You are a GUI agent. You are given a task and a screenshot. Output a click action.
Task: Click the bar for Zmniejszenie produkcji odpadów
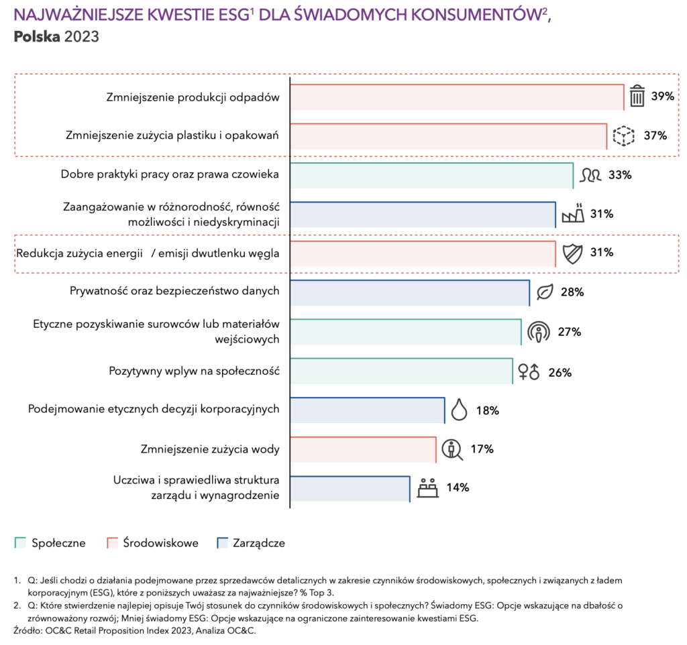[x=456, y=97]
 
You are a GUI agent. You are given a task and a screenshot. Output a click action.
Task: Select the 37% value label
[x=655, y=135]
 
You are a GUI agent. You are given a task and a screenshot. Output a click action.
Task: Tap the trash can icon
[x=637, y=97]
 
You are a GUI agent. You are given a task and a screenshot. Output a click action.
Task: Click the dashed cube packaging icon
[x=624, y=136]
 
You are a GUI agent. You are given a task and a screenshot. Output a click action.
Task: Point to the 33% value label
[x=620, y=175]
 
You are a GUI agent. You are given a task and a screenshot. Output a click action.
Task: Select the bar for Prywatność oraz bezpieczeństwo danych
[x=409, y=292]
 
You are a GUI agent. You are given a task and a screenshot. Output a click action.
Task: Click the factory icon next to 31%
[x=573, y=214]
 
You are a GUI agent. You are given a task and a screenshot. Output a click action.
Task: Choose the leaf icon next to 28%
[x=545, y=292]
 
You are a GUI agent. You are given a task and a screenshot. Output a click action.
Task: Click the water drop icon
[x=459, y=410]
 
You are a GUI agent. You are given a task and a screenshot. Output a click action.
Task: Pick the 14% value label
[x=457, y=487]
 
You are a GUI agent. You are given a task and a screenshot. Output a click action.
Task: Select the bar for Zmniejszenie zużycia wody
[x=362, y=449]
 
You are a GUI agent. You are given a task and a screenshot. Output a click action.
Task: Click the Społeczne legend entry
[x=51, y=543]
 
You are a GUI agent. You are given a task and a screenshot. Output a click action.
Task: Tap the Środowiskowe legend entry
[x=153, y=543]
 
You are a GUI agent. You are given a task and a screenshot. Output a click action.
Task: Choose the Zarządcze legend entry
[x=252, y=543]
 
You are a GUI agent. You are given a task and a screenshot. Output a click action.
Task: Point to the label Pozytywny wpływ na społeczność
[x=194, y=371]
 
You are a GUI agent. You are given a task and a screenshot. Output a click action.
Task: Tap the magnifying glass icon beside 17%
[x=454, y=449]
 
